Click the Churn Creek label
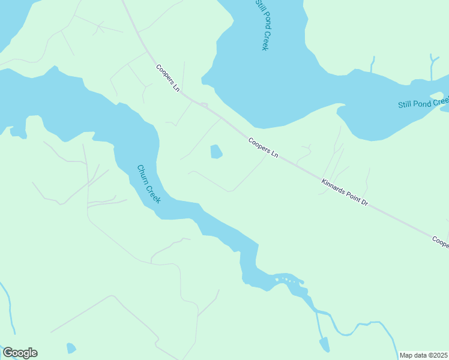pyautogui.click(x=148, y=184)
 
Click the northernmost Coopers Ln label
pyautogui.click(x=168, y=78)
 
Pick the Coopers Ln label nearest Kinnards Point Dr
pyautogui.click(x=264, y=147)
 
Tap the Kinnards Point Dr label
pyautogui.click(x=344, y=193)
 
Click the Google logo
pyautogui.click(x=20, y=353)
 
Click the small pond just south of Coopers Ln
pyautogui.click(x=216, y=152)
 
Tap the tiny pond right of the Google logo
pyautogui.click(x=71, y=348)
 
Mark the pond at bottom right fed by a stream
pyautogui.click(x=324, y=344)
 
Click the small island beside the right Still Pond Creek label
pyautogui.click(x=436, y=96)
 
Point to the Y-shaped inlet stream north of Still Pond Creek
pyautogui.click(x=432, y=66)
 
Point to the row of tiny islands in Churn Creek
pyautogui.click(x=287, y=279)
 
